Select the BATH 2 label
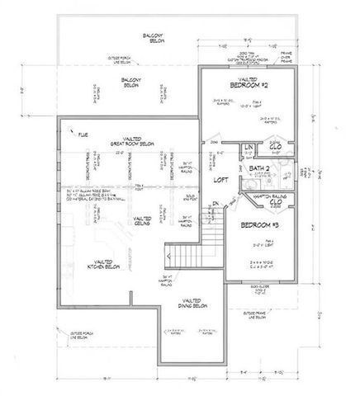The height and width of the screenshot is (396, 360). [x=259, y=167]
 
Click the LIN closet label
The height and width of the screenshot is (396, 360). [x=247, y=147]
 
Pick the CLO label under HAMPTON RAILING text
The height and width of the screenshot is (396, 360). [x=277, y=200]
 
